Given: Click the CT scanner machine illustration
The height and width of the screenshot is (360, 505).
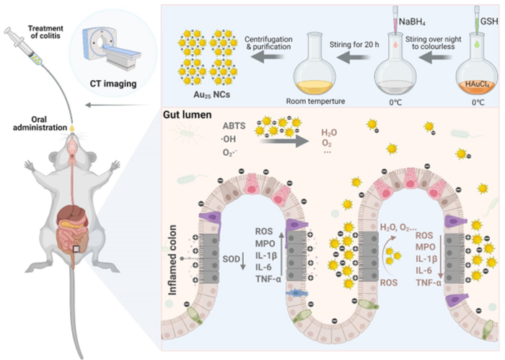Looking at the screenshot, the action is [111, 48].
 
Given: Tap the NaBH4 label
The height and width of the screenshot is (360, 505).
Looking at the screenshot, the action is [412, 22].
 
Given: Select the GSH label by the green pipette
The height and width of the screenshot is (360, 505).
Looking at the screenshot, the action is [489, 22].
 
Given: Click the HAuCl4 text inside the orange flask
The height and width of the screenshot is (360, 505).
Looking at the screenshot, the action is [477, 84].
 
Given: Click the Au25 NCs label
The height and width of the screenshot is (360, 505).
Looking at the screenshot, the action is [211, 95].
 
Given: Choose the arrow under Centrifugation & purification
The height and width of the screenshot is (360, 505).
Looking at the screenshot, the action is [268, 58].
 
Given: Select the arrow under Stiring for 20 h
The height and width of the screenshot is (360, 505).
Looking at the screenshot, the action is [353, 58].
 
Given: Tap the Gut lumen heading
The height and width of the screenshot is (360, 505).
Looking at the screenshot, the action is [187, 115].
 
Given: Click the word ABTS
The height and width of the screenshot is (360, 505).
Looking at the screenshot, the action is [234, 126].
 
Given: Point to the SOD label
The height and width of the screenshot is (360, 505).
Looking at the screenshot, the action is [232, 259].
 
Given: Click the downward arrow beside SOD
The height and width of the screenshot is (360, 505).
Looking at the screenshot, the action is [243, 261].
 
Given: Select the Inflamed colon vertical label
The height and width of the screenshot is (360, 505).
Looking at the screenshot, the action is [172, 260].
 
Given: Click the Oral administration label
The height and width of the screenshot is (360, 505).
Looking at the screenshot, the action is [40, 123].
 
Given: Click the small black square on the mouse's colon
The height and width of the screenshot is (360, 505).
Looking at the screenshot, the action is [76, 249].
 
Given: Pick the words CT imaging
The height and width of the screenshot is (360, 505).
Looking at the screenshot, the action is [113, 84].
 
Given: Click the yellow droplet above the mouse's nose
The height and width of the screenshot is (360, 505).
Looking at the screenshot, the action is [72, 128].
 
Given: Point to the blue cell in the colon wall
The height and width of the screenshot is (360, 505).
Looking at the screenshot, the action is [297, 293].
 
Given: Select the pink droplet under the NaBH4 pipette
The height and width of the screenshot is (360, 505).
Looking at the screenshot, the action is [395, 45].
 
